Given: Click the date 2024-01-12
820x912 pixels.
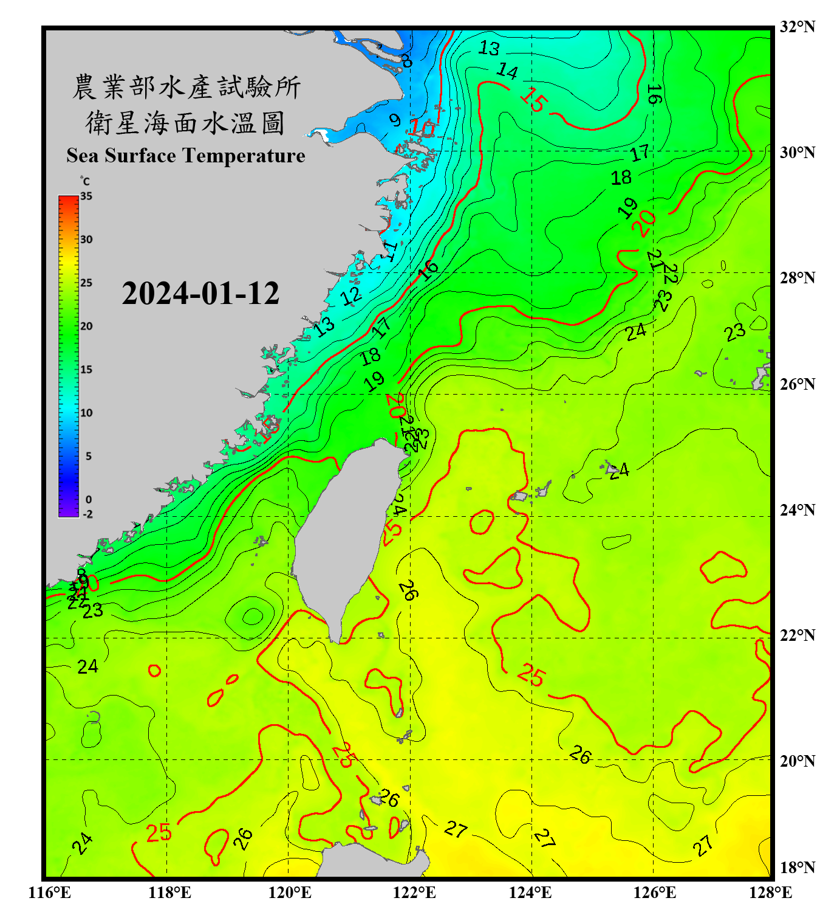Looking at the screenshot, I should pos(200,294).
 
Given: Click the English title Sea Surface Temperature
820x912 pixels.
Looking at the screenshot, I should pos(186,156).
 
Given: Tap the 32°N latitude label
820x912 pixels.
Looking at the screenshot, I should pos(798,27).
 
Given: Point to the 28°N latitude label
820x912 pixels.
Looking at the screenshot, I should pos(798,278).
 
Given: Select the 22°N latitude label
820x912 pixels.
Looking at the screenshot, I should pos(798,635).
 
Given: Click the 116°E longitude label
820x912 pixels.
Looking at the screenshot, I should pos(50,893).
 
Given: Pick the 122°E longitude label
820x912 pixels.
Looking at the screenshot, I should pos(414,893).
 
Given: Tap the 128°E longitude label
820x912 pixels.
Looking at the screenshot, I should pos(770,893).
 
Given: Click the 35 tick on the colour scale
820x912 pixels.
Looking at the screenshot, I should pos(86,196).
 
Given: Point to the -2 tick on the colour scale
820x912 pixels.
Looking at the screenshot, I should pos(87,514).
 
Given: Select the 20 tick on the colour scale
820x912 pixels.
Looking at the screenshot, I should pos(86,326).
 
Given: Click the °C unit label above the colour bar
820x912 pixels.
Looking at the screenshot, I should pos(85,182).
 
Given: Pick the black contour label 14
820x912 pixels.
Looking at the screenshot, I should pos(507,72).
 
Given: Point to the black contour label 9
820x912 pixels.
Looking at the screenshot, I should pos(395,120).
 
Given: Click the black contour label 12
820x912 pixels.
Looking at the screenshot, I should pos(351,297).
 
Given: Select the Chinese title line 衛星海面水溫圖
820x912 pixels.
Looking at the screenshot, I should pos(186,123).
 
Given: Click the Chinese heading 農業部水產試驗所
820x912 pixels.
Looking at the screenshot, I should pos(186,88).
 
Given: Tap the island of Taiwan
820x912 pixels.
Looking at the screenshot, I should pos(340,535).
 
